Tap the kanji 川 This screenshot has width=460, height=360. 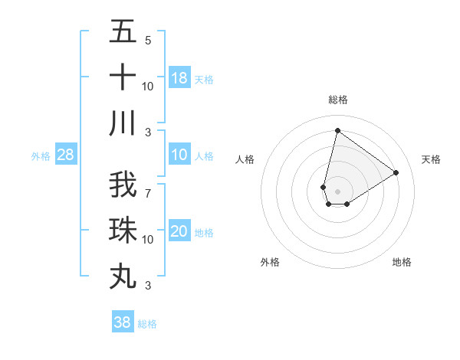(123, 123)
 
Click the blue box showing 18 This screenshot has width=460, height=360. (179, 78)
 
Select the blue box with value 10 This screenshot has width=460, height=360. (179, 155)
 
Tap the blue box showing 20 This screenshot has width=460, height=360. (179, 231)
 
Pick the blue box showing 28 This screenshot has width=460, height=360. (66, 155)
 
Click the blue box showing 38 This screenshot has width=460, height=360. (122, 322)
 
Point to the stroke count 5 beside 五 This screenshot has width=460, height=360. (148, 41)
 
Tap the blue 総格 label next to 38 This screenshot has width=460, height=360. (147, 324)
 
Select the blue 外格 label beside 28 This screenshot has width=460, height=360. (41, 156)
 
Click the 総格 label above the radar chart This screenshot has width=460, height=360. (337, 100)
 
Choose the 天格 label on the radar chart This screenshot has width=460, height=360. (431, 159)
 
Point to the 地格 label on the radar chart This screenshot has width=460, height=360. (402, 262)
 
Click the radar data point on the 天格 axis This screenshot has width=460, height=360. (396, 172)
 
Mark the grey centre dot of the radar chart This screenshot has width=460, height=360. (337, 191)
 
